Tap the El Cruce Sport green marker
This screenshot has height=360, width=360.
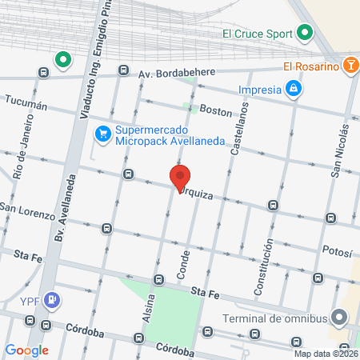tap(304, 33)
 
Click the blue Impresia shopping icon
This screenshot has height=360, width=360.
tap(294, 88)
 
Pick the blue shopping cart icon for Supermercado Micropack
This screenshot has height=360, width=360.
tap(102, 134)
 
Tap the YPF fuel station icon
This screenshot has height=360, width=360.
tap(53, 301)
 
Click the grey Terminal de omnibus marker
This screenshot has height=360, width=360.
tap(340, 318)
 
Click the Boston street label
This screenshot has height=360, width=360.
tap(215, 111)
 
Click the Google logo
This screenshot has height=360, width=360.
tap(26, 350)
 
